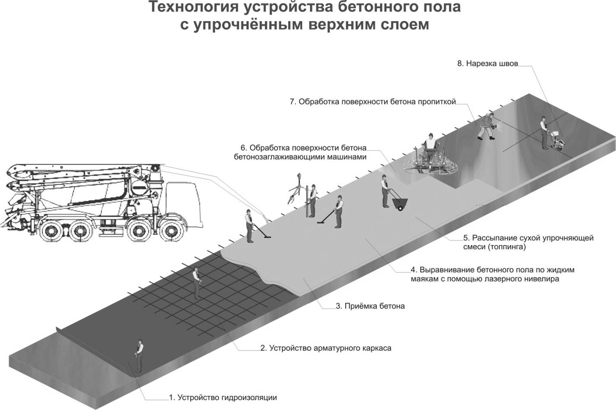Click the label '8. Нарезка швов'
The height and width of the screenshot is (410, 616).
487,63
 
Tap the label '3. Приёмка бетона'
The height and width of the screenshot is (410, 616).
370,306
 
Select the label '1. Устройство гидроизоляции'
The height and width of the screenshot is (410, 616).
222,397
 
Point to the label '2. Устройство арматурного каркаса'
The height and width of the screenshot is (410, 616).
326,347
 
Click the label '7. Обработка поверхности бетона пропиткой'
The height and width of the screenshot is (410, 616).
373,102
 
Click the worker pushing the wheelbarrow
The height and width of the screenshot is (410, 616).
384,191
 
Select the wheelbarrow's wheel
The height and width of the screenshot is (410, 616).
401,209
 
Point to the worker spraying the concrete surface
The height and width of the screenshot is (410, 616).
486,125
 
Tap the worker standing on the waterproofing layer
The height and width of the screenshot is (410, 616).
139,355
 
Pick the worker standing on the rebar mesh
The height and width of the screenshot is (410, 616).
197,283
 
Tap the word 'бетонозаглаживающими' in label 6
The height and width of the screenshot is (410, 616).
276,157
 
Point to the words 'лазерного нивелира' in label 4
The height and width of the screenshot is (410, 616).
523,279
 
